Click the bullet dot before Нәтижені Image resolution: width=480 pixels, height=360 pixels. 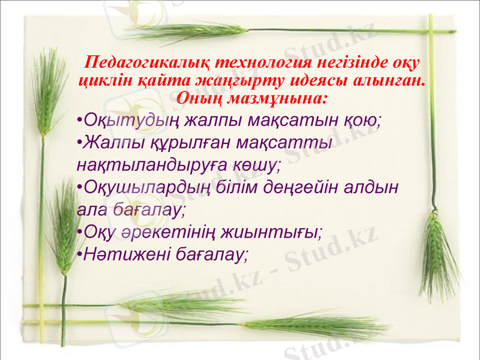pos(80,255)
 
